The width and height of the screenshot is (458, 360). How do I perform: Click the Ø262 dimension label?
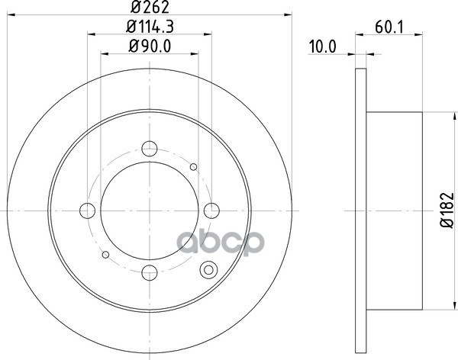pyautogui.click(x=150, y=7)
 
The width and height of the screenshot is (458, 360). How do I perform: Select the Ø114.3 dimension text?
pyautogui.click(x=150, y=27)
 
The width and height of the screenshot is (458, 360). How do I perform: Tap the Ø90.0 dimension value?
pyautogui.click(x=150, y=46)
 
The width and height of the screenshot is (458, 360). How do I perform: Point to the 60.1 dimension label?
pyautogui.click(x=389, y=27)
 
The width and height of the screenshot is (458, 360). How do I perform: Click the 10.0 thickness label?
pyautogui.click(x=322, y=47)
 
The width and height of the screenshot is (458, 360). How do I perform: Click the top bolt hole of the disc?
pyautogui.click(x=150, y=149)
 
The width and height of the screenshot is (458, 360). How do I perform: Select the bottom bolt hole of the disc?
pyautogui.click(x=150, y=273)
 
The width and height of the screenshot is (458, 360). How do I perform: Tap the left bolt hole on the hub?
pyautogui.click(x=87, y=211)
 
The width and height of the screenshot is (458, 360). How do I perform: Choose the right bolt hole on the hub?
pyautogui.click(x=211, y=211)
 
